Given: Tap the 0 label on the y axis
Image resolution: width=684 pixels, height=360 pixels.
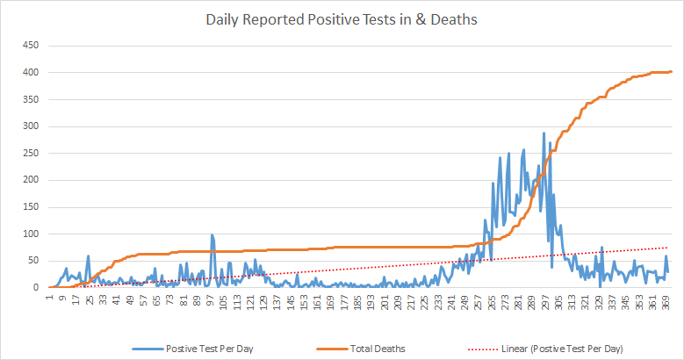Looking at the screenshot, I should (x=38, y=287).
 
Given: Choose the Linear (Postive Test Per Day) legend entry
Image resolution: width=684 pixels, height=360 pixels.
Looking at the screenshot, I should (x=562, y=349).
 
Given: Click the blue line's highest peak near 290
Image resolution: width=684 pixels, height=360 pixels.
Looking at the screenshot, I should (x=544, y=133).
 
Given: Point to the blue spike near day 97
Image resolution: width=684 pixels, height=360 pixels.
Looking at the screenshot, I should (x=212, y=235).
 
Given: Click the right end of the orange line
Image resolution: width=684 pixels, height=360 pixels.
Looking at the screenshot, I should (x=671, y=72).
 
